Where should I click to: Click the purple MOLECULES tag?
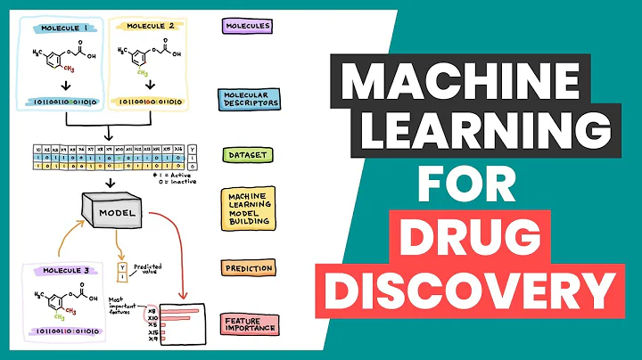click(245, 25)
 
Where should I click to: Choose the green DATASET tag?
click(243, 154)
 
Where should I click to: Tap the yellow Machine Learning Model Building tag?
click(247, 212)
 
